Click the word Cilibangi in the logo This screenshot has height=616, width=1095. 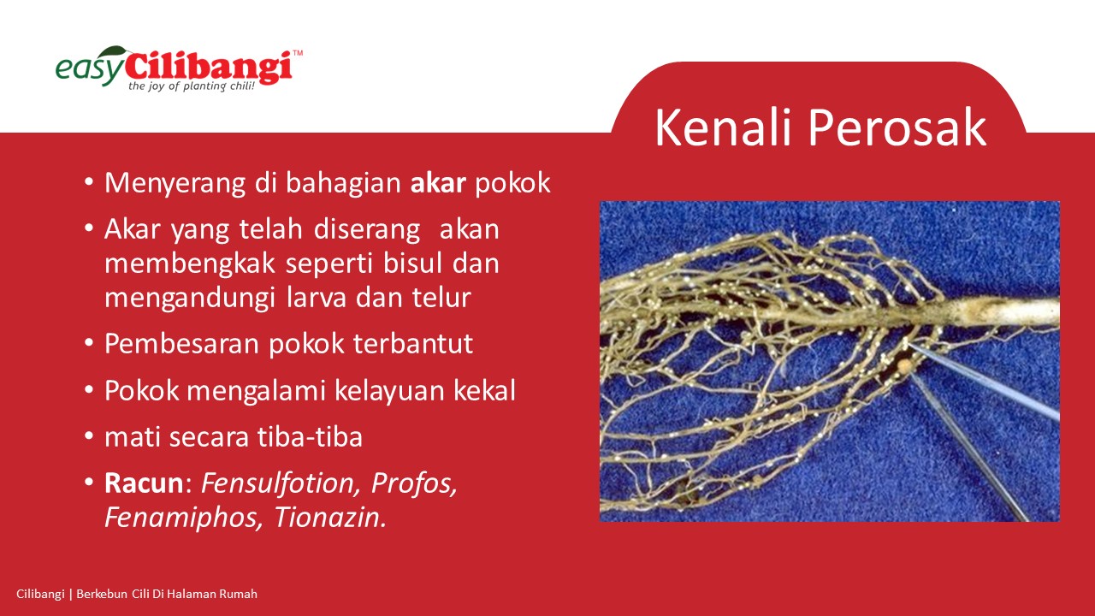point(209,67)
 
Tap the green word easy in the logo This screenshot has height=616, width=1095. point(90,69)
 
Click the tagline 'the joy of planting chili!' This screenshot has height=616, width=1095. point(192,86)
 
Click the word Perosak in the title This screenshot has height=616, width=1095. point(897,127)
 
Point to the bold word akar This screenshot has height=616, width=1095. point(438,183)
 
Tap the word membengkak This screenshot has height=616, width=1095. point(190,264)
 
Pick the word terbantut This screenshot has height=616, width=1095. point(413,344)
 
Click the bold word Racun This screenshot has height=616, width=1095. point(144,483)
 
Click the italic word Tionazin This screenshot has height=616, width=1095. point(330,518)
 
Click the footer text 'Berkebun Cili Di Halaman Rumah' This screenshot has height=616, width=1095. point(167,595)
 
